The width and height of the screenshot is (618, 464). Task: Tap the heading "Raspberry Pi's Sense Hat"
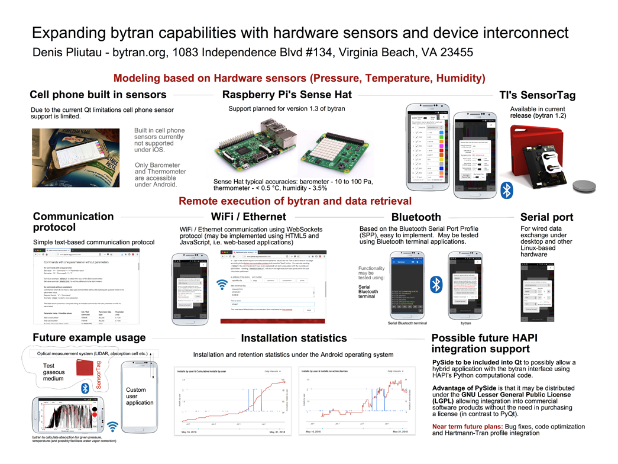click(x=286, y=95)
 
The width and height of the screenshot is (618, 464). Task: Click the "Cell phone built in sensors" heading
click(x=98, y=95)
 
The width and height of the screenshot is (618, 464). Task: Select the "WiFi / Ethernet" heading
click(x=248, y=217)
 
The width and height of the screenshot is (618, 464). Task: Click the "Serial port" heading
click(x=546, y=217)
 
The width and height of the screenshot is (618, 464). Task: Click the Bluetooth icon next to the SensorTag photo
click(x=506, y=190)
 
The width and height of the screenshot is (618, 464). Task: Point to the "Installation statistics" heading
click(x=294, y=338)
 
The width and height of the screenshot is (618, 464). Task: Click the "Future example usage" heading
click(x=89, y=337)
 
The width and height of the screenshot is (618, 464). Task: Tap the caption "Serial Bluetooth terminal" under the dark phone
click(x=407, y=323)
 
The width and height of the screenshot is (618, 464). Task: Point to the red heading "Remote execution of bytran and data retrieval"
click(x=295, y=201)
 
